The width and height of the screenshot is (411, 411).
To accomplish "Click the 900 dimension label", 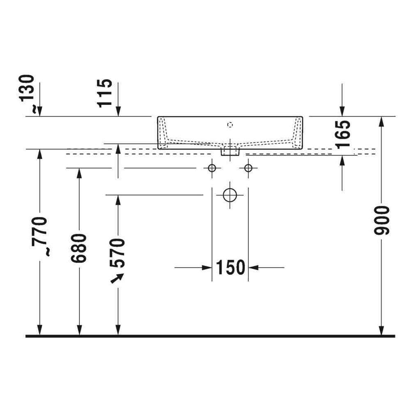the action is pyautogui.click(x=382, y=220).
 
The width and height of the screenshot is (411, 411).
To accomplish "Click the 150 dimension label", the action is pyautogui.click(x=230, y=268).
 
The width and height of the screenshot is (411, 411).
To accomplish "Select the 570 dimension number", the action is pyautogui.click(x=117, y=253).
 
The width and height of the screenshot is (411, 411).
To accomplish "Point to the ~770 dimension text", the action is pyautogui.click(x=39, y=236).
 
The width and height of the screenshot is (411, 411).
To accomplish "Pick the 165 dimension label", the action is pyautogui.click(x=343, y=134).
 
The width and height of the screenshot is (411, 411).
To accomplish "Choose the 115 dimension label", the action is pyautogui.click(x=105, y=93).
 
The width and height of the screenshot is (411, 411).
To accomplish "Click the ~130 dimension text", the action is pyautogui.click(x=26, y=93).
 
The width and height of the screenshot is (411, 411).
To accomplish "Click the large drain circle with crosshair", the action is pyautogui.click(x=230, y=195).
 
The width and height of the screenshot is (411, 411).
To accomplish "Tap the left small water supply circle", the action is pyautogui.click(x=212, y=168).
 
